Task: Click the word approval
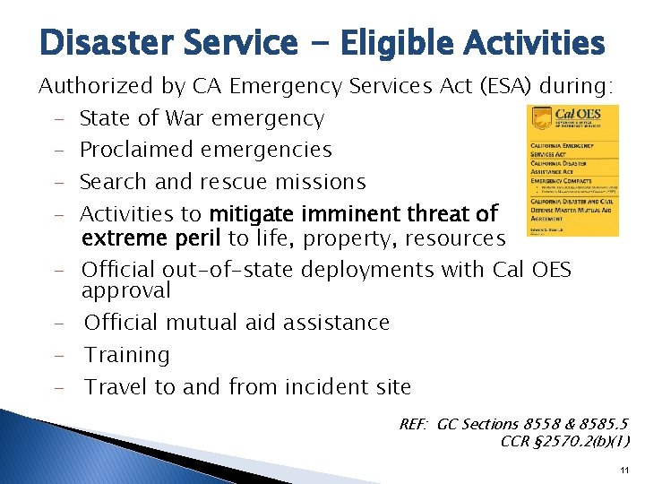[x=125, y=291]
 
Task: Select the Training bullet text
[x=126, y=356]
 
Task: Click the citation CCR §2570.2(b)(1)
[x=564, y=440]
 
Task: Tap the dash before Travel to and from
[x=57, y=388]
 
